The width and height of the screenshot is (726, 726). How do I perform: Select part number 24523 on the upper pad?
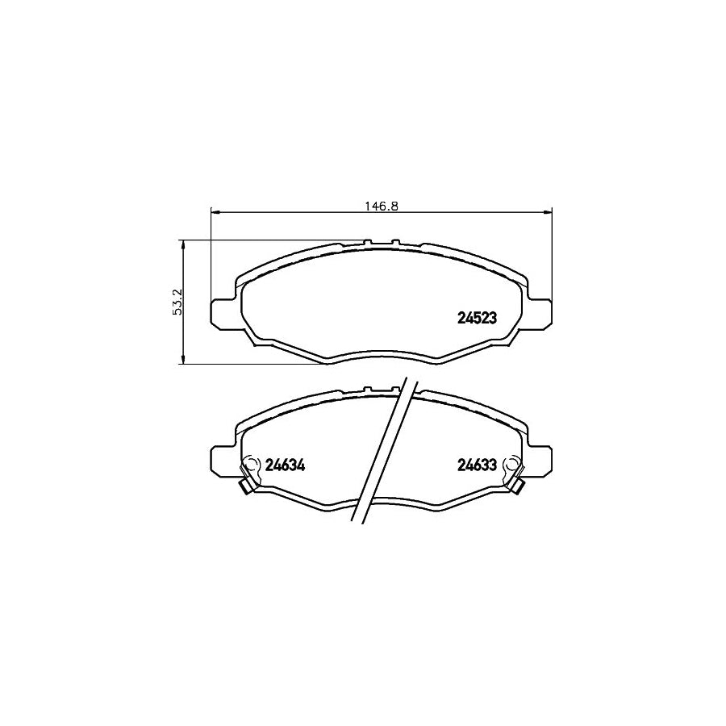477,318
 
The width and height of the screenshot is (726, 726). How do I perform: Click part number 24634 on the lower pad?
284,465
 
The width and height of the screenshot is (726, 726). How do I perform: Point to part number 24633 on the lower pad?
477,465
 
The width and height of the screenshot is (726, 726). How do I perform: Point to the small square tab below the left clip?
245,486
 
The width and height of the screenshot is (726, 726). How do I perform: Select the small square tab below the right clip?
517,486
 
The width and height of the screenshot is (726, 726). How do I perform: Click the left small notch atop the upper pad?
367,242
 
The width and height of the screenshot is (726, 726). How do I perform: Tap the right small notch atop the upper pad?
396,242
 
